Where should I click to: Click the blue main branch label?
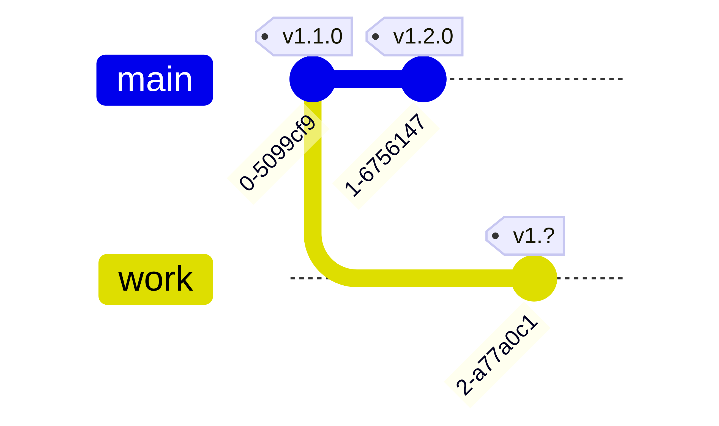(154, 80)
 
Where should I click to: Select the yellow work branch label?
(155, 279)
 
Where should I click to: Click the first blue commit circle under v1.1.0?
(312, 79)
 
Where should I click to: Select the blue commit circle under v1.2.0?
(423, 79)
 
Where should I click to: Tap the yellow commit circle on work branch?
(534, 278)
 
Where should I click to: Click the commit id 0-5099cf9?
(278, 153)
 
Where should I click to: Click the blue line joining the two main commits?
(368, 79)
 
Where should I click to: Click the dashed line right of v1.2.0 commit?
(534, 79)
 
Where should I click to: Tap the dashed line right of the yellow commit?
(591, 278)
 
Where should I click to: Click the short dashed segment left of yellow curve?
(307, 278)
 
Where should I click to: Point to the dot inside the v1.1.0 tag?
(265, 36)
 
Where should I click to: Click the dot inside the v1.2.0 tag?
(375, 36)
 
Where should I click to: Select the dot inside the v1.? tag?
(495, 236)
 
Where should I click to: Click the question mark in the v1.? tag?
(548, 235)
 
